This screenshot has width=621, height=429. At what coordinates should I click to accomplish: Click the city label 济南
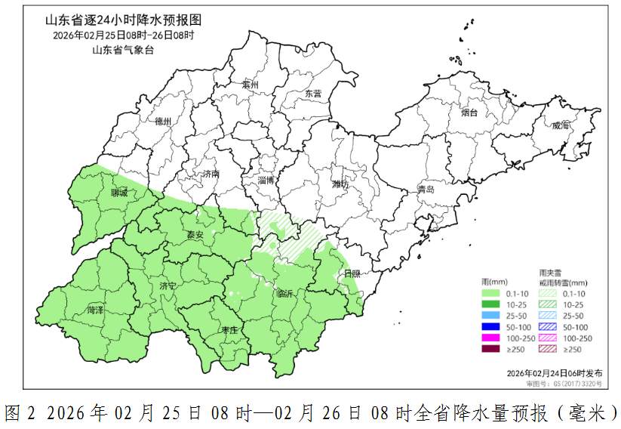coord(211,174)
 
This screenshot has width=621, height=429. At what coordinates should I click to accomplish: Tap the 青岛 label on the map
coord(426,190)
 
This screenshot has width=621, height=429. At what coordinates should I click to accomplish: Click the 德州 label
coord(163,121)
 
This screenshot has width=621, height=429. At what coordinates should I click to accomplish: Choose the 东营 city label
coord(312,94)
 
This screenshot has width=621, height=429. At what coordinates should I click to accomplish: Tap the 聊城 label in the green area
coord(119,193)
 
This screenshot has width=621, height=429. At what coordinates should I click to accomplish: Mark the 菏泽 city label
coord(96,310)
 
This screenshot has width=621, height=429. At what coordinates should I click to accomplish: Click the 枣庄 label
coord(229,330)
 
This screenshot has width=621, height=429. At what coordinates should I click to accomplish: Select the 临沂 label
coord(287,293)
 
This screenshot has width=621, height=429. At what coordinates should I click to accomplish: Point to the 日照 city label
coord(352,273)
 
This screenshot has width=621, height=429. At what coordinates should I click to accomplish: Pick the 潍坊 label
coord(340,184)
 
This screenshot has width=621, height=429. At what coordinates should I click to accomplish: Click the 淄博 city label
coord(266,180)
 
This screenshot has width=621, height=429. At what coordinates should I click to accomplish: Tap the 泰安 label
coord(195,235)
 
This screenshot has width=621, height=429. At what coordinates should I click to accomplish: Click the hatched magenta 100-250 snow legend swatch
coord(550,338)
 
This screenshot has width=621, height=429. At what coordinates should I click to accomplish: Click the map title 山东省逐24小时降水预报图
coord(124,20)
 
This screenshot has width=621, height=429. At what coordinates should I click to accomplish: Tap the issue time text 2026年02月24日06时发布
coord(554,373)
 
